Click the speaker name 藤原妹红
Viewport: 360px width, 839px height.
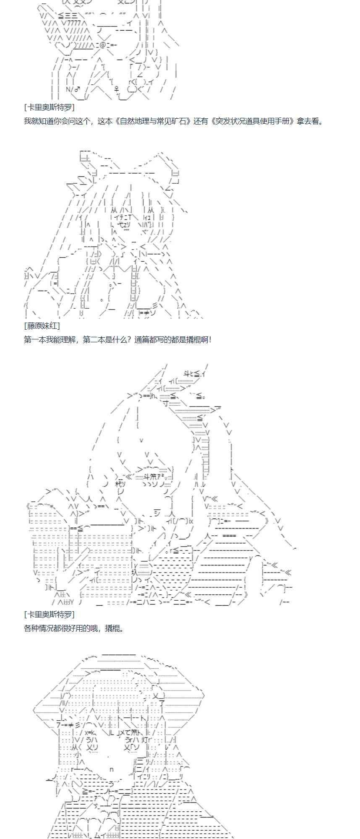coord(42,325)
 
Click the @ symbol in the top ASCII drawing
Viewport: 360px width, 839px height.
coord(103,45)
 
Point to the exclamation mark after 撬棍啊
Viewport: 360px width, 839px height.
coord(210,339)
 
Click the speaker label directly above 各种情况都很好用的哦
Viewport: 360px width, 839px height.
coord(50,614)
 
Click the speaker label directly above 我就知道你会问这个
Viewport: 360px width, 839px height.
coord(50,107)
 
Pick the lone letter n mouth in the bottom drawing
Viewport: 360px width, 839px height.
coord(112,769)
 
